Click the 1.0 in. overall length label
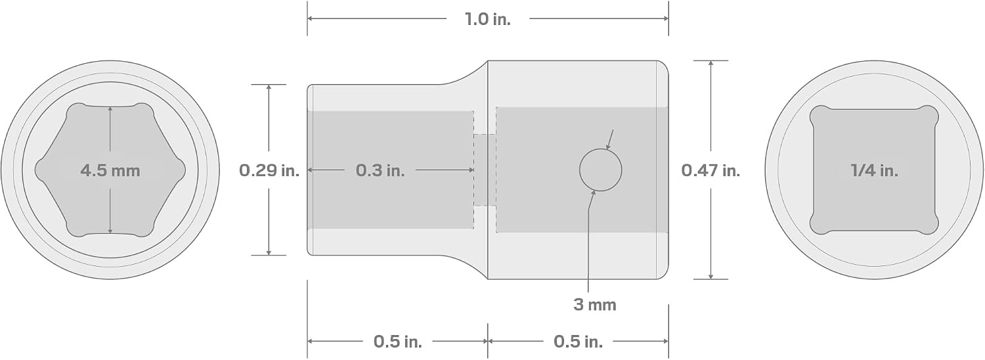pyautogui.click(x=488, y=19)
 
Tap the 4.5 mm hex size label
pyautogui.click(x=110, y=170)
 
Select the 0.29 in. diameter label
pyautogui.click(x=269, y=170)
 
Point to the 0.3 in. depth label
pyautogui.click(x=380, y=170)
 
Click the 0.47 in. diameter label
pyautogui.click(x=711, y=170)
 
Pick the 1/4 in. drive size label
pyautogui.click(x=874, y=170)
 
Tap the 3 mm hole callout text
pyautogui.click(x=594, y=305)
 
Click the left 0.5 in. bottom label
pyautogui.click(x=398, y=342)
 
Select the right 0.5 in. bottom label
pyautogui.click(x=578, y=342)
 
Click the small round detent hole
pyautogui.click(x=601, y=170)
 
